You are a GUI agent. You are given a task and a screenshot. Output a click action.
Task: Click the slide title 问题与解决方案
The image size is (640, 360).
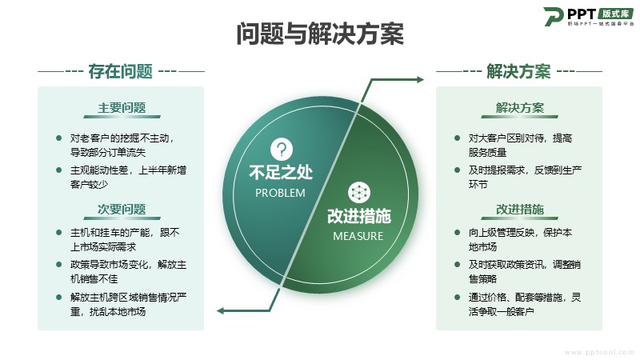point(320,34)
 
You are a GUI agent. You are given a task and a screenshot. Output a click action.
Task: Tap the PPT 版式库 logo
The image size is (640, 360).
point(589,16)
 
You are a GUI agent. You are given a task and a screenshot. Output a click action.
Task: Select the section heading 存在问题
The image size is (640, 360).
point(121,71)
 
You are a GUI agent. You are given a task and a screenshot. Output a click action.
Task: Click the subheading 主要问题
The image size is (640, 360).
point(122,108)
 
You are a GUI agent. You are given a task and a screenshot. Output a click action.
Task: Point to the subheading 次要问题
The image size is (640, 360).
point(122,210)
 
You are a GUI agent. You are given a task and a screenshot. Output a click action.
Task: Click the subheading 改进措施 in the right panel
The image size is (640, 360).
point(519,210)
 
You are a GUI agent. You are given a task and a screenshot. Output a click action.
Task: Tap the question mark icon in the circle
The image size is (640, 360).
point(282,150)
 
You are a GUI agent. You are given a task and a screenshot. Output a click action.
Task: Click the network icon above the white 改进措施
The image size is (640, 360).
point(359,193)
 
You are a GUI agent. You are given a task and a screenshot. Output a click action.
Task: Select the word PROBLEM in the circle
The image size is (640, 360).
point(280,193)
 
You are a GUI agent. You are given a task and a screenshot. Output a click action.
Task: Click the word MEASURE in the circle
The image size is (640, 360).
point(358,236)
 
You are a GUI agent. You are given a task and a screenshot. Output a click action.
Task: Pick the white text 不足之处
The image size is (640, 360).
point(281,172)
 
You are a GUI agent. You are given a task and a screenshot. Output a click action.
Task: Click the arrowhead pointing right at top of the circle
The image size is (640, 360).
point(420,79)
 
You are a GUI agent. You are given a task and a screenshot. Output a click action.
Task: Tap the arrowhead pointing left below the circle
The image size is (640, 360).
point(221,311)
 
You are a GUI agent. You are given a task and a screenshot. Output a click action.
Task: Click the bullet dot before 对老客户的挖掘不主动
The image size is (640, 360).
point(58,138)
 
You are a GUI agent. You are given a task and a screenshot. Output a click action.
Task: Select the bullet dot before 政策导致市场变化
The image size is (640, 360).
point(58,265)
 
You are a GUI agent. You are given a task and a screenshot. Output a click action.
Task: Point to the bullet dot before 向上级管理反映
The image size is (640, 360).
point(457,233)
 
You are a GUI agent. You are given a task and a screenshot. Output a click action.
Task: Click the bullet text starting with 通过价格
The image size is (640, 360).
point(525,305)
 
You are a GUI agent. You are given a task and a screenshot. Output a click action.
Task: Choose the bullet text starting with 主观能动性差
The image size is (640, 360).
point(128,177)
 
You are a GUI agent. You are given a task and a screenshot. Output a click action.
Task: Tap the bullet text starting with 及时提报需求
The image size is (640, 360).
point(525,177)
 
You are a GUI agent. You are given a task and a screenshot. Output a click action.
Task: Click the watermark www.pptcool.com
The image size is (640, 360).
point(599,352)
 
